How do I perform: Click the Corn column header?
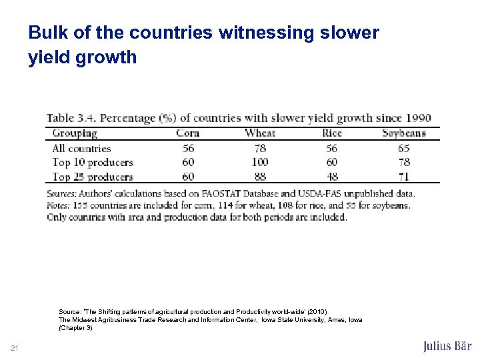pyautogui.click(x=187, y=133)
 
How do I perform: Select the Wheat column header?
pyautogui.click(x=260, y=133)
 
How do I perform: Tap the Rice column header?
pyautogui.click(x=331, y=133)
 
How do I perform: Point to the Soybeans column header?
pyautogui.click(x=403, y=133)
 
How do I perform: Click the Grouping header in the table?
pyautogui.click(x=75, y=133)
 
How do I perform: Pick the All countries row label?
pyautogui.click(x=81, y=148)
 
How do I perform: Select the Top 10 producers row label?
pyautogui.click(x=93, y=162)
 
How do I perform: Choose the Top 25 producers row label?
pyautogui.click(x=93, y=177)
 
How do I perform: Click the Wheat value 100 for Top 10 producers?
pyautogui.click(x=260, y=162)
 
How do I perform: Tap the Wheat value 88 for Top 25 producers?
pyautogui.click(x=260, y=177)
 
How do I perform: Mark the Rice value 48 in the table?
pyautogui.click(x=331, y=177)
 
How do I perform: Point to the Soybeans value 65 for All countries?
pyautogui.click(x=403, y=148)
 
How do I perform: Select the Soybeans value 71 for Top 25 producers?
pyautogui.click(x=403, y=177)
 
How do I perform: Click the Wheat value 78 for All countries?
pyautogui.click(x=260, y=148)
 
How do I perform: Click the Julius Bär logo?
pyautogui.click(x=447, y=346)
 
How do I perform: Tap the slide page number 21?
pyautogui.click(x=15, y=347)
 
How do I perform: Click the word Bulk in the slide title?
pyautogui.click(x=45, y=32)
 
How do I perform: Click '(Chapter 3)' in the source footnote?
pyautogui.click(x=75, y=328)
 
